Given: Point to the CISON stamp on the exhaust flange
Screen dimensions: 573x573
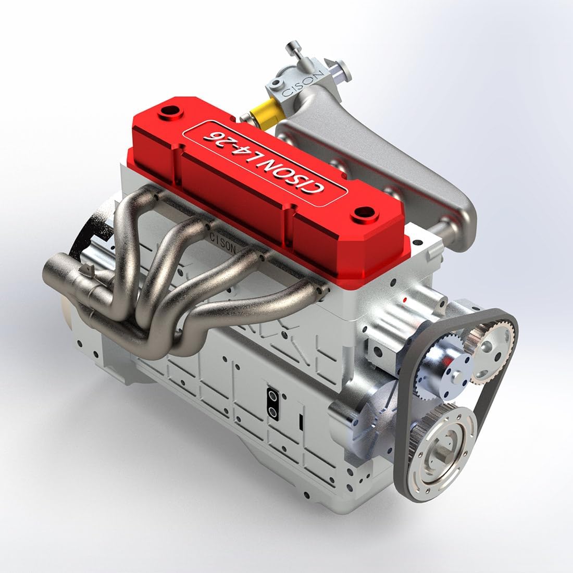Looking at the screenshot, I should pos(224,243).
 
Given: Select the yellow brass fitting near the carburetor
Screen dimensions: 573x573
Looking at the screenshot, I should pos(261,116).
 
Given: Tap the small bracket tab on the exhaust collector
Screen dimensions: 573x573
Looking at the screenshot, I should pos(88,269).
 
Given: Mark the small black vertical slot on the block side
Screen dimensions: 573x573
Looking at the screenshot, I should pos(301,422).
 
